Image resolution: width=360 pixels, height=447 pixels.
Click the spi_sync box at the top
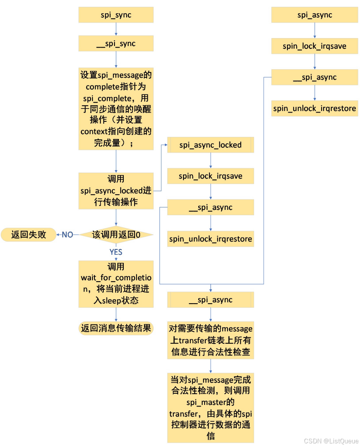coord(116,15)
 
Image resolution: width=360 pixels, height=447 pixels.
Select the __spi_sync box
coord(116,44)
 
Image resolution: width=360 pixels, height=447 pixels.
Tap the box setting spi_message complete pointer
coord(116,109)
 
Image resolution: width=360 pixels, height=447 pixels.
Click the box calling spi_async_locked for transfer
coord(116,191)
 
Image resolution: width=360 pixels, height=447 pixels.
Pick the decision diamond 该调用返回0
coord(116,235)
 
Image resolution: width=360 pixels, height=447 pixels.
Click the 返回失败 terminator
coord(28,235)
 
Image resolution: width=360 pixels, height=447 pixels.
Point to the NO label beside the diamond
coord(67,235)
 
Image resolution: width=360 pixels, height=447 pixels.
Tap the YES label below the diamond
coord(116,252)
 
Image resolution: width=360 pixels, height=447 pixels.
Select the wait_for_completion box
coord(116,284)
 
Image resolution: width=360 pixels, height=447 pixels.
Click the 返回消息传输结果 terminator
coord(116,328)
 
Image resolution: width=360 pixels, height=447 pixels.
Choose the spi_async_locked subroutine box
coord(210,145)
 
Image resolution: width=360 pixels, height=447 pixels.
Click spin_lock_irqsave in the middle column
coord(210,176)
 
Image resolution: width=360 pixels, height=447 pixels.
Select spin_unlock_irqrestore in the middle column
coord(210,239)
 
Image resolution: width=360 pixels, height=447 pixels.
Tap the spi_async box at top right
coord(314,15)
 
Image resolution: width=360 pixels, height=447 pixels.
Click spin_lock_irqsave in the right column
coord(314,46)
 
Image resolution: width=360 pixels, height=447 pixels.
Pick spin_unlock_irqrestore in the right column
coord(314,109)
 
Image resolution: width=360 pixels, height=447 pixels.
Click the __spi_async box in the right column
coord(314,77)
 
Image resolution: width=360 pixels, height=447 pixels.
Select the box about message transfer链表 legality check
coord(210,340)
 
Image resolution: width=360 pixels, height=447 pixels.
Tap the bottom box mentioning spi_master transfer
coord(210,407)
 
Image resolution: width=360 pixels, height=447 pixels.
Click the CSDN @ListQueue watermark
coord(331,441)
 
